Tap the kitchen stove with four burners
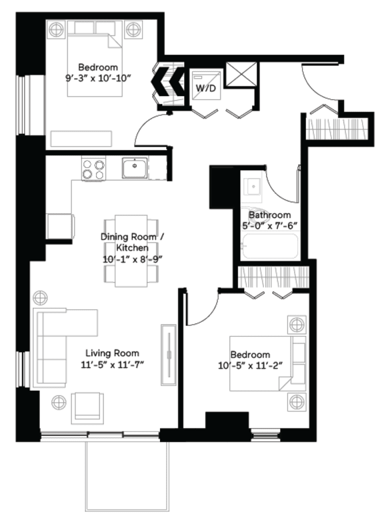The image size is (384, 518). point(93,169)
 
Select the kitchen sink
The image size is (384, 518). point(135,168)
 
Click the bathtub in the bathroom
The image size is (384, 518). point(269,247)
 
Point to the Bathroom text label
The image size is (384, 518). point(269,215)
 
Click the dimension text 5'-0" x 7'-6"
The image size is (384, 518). point(269,226)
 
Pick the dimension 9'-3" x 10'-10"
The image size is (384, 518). point(98,78)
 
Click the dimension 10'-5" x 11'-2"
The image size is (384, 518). point(251,365)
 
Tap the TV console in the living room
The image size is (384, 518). point(169,354)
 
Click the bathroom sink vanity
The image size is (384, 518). point(252,186)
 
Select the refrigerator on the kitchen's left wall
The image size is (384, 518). point(59,225)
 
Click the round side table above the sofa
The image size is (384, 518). point(41,297)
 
